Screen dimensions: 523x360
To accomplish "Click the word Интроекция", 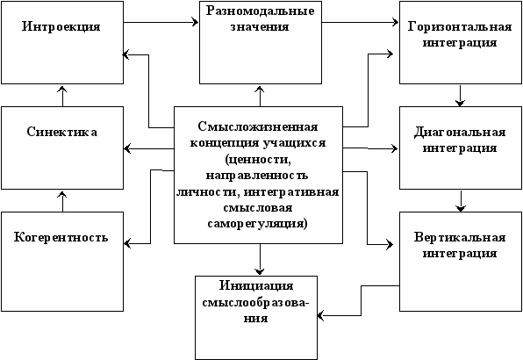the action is [x=61, y=26].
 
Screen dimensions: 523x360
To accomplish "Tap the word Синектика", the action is [x=62, y=132].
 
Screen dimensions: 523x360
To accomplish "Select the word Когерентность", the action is [x=61, y=237].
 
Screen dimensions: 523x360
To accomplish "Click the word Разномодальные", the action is [x=260, y=11].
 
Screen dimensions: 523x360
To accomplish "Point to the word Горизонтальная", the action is [x=460, y=26].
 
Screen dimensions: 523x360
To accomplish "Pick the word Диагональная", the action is [x=460, y=132].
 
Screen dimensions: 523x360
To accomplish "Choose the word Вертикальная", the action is [x=460, y=237].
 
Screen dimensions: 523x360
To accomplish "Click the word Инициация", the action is [x=256, y=286].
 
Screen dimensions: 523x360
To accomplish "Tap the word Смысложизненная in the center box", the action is [x=258, y=126].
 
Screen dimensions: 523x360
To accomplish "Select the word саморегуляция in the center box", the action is [x=257, y=223].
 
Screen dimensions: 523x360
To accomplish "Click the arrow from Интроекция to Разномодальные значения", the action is [x=161, y=22].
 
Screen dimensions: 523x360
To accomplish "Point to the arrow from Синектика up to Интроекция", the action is [x=62, y=96].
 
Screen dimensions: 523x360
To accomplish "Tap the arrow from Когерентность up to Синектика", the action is [x=62, y=202].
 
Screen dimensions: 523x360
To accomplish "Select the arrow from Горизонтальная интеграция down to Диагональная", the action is [x=461, y=96].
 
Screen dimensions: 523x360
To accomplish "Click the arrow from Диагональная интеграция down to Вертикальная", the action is [x=461, y=201].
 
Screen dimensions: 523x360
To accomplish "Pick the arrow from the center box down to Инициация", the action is [x=260, y=259].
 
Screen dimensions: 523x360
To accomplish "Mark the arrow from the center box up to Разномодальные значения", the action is [x=260, y=96].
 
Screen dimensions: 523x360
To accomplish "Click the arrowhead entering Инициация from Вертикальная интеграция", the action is [x=320, y=315].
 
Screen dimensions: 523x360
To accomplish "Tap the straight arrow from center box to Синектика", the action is [x=149, y=148].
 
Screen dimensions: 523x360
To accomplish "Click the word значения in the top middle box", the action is [x=260, y=27].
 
